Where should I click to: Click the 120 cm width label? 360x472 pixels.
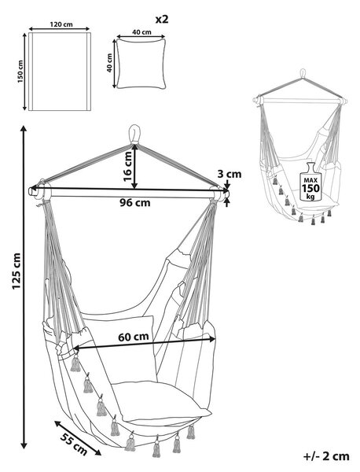[61, 24]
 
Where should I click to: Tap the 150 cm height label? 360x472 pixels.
[20, 72]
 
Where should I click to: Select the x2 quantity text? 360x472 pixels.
[162, 19]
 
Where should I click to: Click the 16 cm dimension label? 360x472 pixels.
[127, 167]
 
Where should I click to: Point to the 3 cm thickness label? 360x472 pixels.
[230, 175]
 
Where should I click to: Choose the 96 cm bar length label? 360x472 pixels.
[134, 203]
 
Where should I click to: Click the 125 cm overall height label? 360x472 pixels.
[17, 271]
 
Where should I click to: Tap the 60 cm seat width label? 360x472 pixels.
[134, 337]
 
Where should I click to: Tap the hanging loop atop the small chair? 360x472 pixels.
[303, 73]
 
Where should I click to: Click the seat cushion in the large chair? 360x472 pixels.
[161, 401]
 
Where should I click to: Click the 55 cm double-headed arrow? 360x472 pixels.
[78, 438]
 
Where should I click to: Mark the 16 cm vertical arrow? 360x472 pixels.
[134, 167]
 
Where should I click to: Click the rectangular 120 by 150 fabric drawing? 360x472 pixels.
[60, 72]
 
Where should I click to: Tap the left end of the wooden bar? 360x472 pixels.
[30, 191]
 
